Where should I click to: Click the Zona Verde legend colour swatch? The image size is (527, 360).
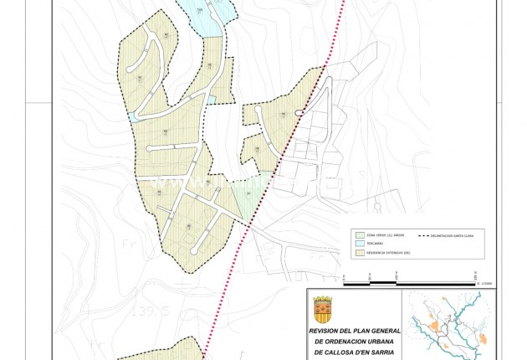tap(360, 235)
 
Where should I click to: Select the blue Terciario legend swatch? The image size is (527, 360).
tap(360, 244)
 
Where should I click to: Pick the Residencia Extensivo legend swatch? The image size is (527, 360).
tap(360, 252)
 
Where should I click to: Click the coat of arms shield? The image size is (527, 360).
tap(322, 310)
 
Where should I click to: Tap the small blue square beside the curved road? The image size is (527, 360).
tap(212, 100)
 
